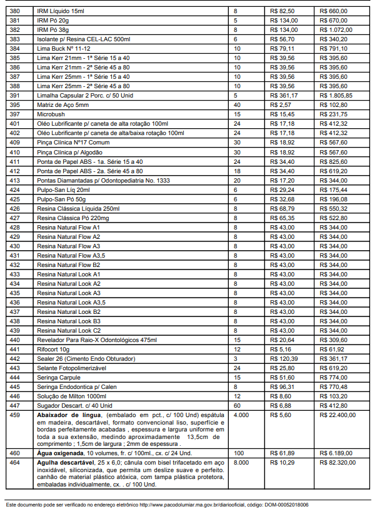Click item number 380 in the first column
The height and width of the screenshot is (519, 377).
15,11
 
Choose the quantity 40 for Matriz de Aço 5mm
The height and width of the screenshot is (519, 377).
237,105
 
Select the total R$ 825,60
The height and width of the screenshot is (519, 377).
334,161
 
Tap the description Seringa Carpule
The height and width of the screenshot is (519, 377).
59,377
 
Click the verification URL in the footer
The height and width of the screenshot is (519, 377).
188,504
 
